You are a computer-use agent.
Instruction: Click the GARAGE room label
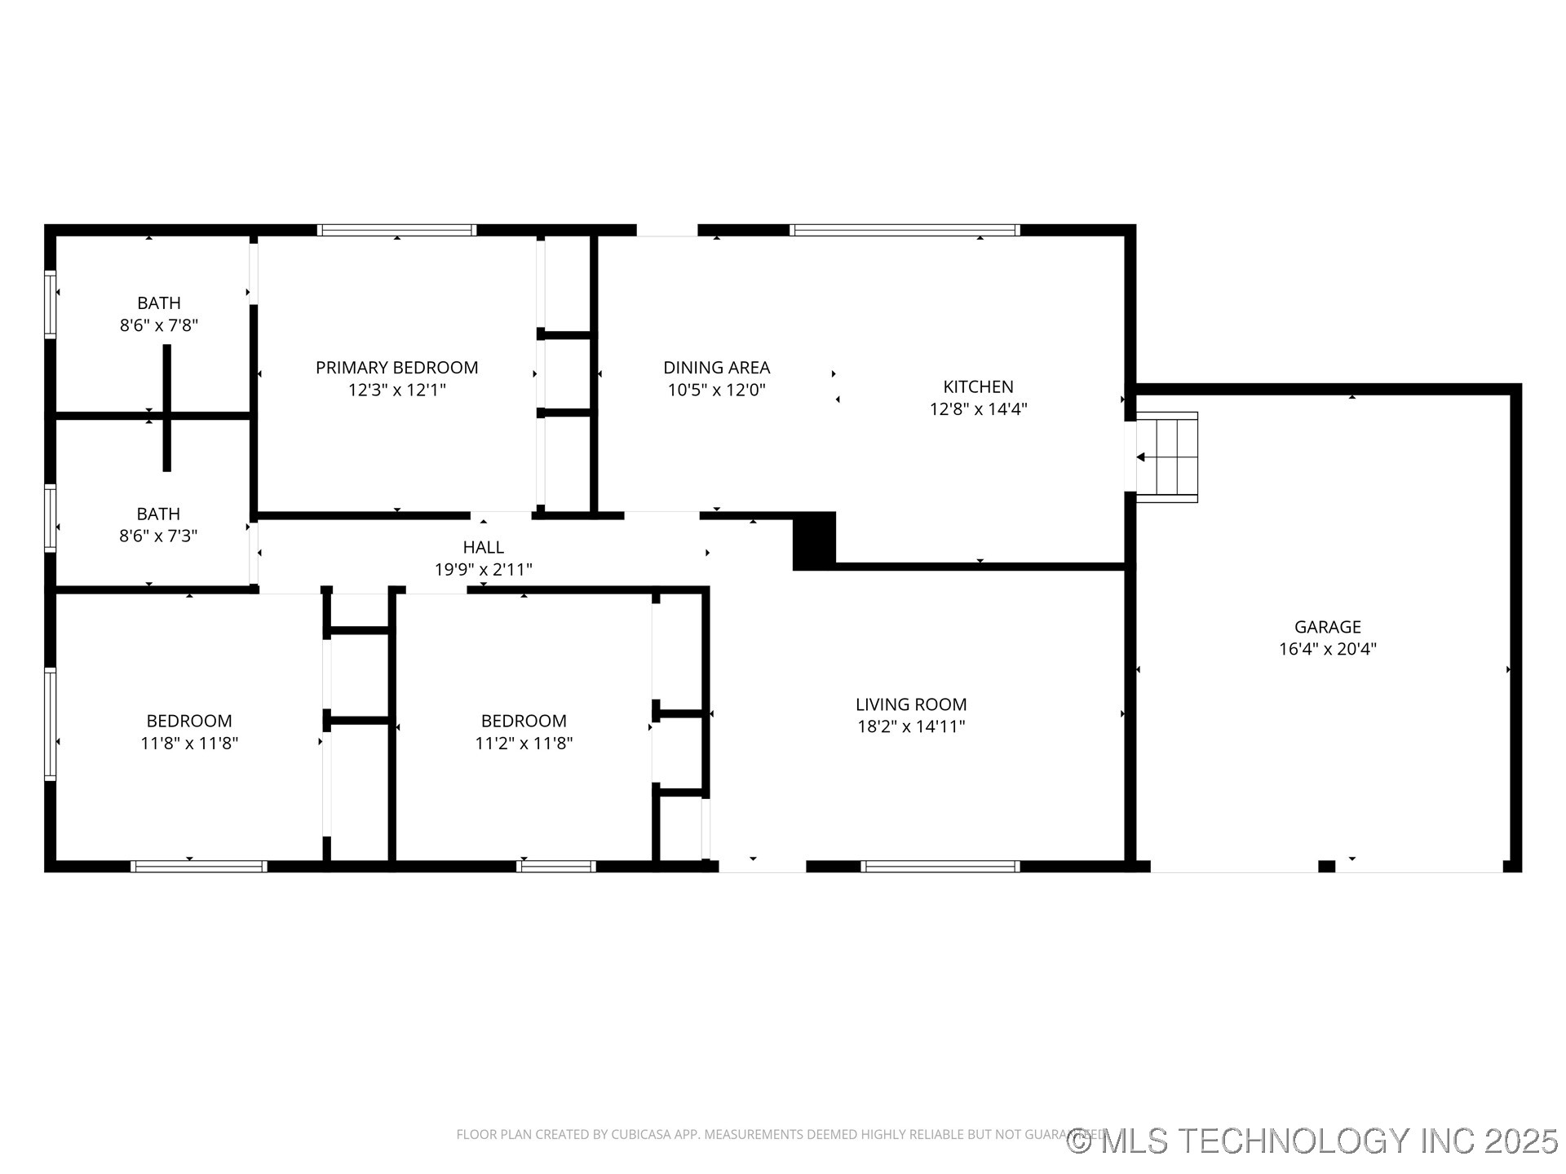[1327, 627]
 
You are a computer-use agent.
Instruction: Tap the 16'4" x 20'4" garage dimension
[1327, 650]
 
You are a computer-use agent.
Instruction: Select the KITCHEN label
[978, 386]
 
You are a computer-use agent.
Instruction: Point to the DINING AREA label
[716, 368]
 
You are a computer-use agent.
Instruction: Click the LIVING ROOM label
[911, 704]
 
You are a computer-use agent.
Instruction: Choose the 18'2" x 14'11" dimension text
[911, 726]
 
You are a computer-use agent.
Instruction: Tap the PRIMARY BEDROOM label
[396, 368]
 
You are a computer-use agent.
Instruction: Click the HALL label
[483, 547]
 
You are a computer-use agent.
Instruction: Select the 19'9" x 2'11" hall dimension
[483, 570]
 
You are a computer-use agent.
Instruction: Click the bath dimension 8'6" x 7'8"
[159, 325]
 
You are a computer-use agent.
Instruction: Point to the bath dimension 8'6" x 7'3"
[158, 536]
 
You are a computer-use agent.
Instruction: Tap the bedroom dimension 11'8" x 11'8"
[189, 744]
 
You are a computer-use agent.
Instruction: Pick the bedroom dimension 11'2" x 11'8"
[524, 744]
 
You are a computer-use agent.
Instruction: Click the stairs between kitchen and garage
[1168, 457]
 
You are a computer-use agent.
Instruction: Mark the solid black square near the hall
[814, 541]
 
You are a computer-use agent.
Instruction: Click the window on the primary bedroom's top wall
[396, 231]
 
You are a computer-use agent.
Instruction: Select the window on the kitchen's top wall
[905, 231]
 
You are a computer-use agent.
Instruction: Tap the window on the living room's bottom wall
[940, 867]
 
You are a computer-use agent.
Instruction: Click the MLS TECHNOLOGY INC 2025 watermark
[1313, 1141]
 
